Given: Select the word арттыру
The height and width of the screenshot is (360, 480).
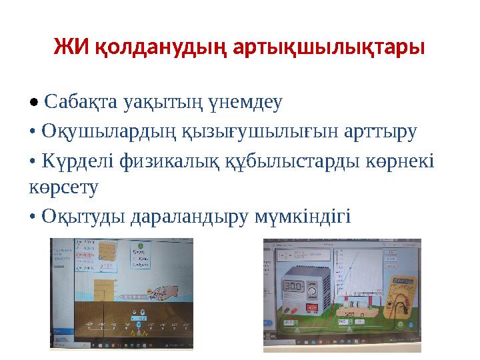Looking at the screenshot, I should pos(377,131).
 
